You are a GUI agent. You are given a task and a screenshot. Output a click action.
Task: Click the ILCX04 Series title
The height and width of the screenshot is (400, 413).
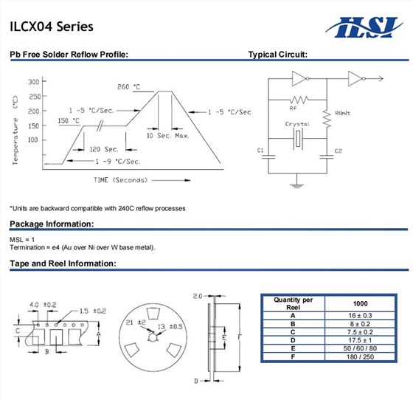point(52,27)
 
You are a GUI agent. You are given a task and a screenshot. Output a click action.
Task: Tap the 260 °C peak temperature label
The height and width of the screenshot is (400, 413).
point(128,87)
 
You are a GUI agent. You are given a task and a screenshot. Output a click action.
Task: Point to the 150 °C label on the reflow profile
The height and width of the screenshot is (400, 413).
point(69,120)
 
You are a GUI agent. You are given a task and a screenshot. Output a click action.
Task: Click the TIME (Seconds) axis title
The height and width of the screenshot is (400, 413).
point(119,179)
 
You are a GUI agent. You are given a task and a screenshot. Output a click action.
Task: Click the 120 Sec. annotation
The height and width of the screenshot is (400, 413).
point(104,149)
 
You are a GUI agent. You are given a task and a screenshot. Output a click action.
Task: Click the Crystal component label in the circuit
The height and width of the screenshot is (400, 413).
point(297,124)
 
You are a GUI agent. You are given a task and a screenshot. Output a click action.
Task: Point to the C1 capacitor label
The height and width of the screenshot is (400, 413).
point(260,151)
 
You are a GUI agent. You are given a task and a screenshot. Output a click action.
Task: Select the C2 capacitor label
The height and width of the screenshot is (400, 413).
point(338,151)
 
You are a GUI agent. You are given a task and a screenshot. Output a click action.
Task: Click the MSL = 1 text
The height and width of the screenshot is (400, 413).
point(22,240)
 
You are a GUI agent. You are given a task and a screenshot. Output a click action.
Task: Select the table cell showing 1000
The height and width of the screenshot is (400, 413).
point(361,303)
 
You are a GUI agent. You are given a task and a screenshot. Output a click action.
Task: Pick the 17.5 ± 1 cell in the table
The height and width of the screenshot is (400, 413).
point(361,340)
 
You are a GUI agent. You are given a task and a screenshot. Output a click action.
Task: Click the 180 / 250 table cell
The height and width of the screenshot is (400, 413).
point(361,357)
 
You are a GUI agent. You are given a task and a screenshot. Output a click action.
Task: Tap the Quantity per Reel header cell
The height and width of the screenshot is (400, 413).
point(293,303)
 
